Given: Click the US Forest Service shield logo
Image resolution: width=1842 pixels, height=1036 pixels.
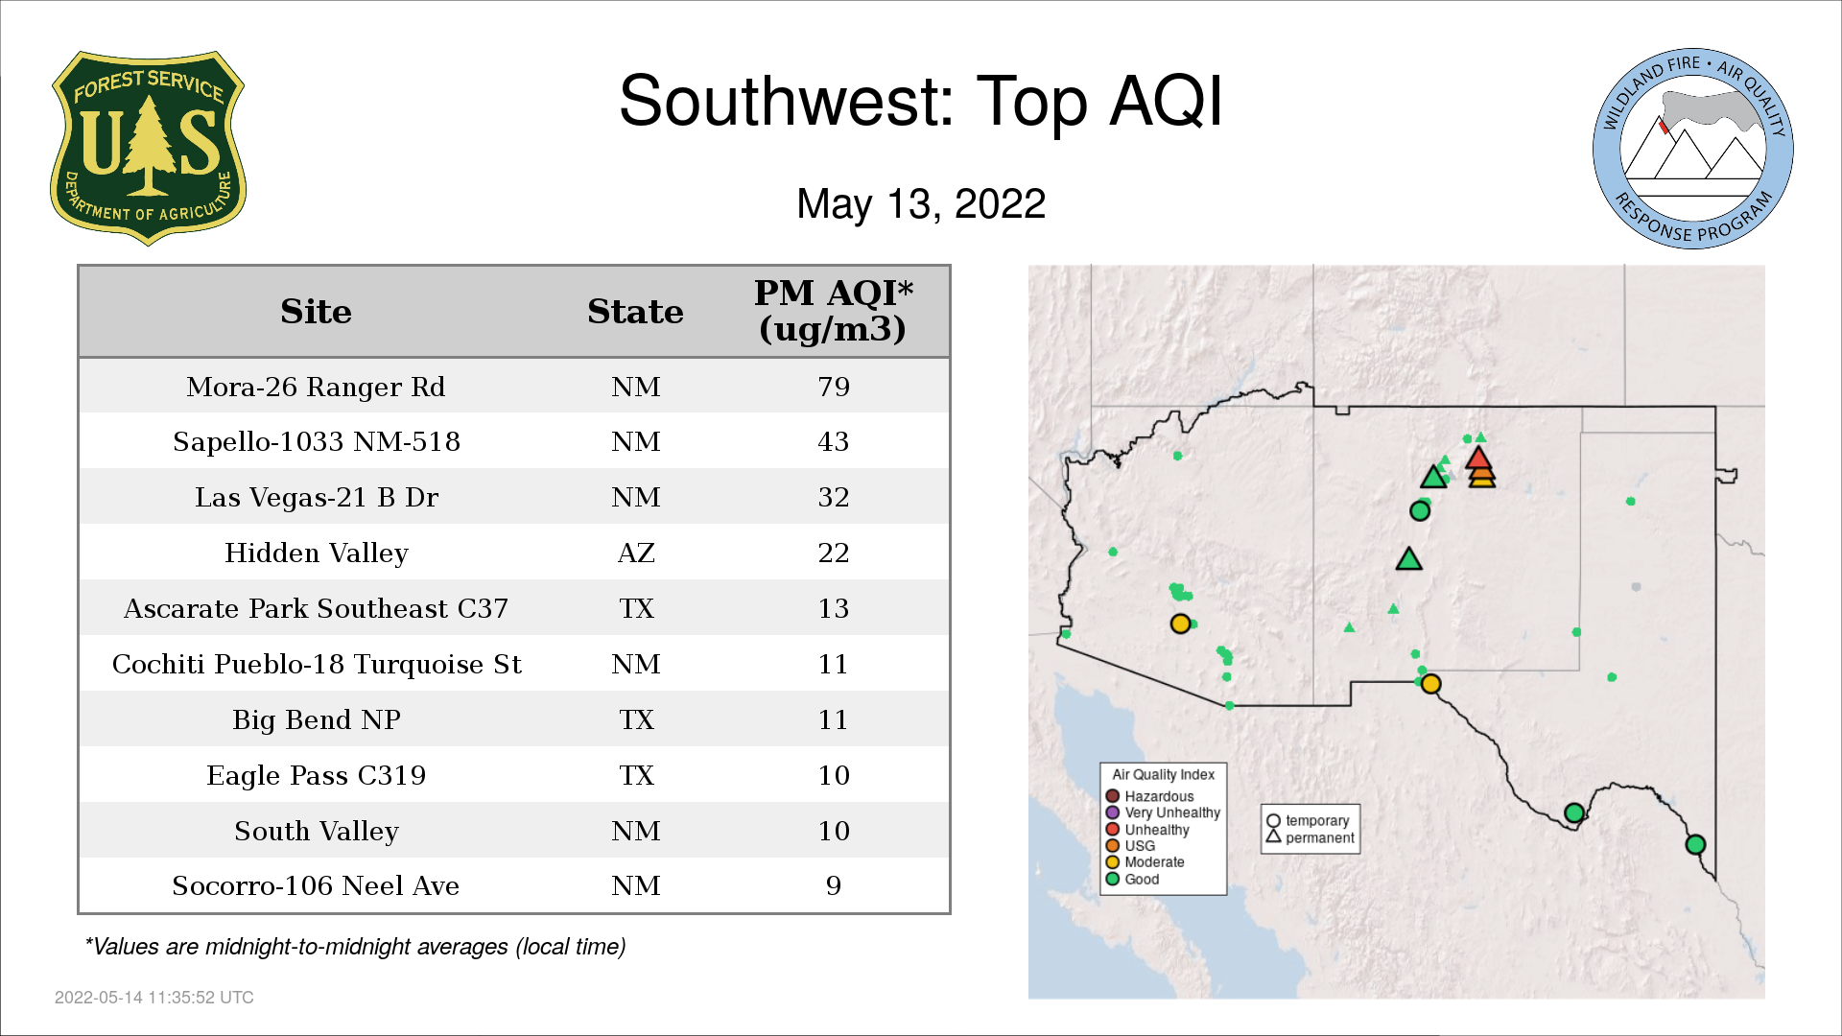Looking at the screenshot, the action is [x=148, y=148].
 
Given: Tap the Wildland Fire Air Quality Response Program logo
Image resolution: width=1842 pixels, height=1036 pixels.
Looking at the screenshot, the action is [x=1693, y=149].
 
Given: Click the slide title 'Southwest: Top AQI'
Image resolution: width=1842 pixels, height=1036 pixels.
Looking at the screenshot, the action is [x=921, y=101].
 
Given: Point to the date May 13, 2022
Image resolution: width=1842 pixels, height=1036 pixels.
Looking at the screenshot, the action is [x=921, y=204].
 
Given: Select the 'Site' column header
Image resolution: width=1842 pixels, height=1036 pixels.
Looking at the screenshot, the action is [x=316, y=312].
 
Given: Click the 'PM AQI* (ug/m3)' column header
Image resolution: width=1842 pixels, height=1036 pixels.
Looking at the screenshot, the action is [x=833, y=311].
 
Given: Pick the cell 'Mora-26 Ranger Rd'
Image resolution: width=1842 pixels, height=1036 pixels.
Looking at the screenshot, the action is [x=316, y=387].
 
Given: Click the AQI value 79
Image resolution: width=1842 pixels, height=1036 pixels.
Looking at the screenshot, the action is [x=834, y=387].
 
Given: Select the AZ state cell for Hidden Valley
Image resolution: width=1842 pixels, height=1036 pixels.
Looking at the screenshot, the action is [x=636, y=553].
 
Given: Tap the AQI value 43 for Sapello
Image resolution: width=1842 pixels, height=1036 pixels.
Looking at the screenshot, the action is [x=834, y=441].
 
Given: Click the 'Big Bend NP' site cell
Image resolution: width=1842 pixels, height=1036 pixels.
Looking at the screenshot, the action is [x=317, y=719].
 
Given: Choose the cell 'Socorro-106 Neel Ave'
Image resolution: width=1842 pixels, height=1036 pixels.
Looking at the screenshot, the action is [x=316, y=885].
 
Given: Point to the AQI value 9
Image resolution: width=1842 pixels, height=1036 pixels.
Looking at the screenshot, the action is [x=834, y=885].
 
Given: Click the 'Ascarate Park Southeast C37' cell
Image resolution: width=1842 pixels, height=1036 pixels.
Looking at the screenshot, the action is [x=316, y=608].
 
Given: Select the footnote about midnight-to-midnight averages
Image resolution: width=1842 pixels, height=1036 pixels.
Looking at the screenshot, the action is [x=355, y=947].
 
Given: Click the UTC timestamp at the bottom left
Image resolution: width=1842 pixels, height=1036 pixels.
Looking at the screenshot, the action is [x=154, y=998].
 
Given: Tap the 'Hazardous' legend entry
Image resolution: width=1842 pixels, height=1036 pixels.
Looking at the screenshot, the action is [x=1150, y=796].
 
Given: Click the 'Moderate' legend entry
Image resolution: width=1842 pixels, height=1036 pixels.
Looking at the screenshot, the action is [x=1145, y=861].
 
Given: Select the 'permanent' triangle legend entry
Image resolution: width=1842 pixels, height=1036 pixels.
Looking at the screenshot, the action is [x=1311, y=837].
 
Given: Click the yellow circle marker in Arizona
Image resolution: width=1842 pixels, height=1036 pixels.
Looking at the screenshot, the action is [x=1181, y=624].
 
